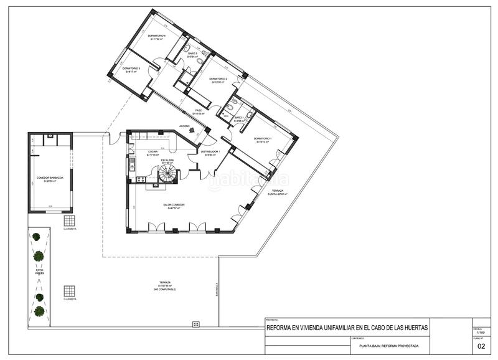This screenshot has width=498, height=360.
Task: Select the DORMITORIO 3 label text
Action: [131, 69]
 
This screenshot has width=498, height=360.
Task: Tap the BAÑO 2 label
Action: [192, 54]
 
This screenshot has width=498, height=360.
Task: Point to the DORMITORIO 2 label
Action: [218, 79]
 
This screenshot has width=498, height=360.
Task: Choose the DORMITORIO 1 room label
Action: [265, 138]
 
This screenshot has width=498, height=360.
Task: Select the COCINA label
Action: [153, 151]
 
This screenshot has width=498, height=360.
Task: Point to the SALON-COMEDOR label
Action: [174, 205]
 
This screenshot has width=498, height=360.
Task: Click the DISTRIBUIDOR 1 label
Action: [210, 151]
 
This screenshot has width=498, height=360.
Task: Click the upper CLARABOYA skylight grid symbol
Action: [69, 220]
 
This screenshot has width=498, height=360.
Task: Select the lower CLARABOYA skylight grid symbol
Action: [69, 291]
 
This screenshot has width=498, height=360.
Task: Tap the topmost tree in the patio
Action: [37, 237]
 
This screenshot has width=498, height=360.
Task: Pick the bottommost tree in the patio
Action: [39, 310]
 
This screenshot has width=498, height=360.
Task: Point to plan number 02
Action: [480, 346]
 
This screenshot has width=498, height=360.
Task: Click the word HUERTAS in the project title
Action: [414, 328]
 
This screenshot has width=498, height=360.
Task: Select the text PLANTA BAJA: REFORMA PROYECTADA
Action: [389, 346]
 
